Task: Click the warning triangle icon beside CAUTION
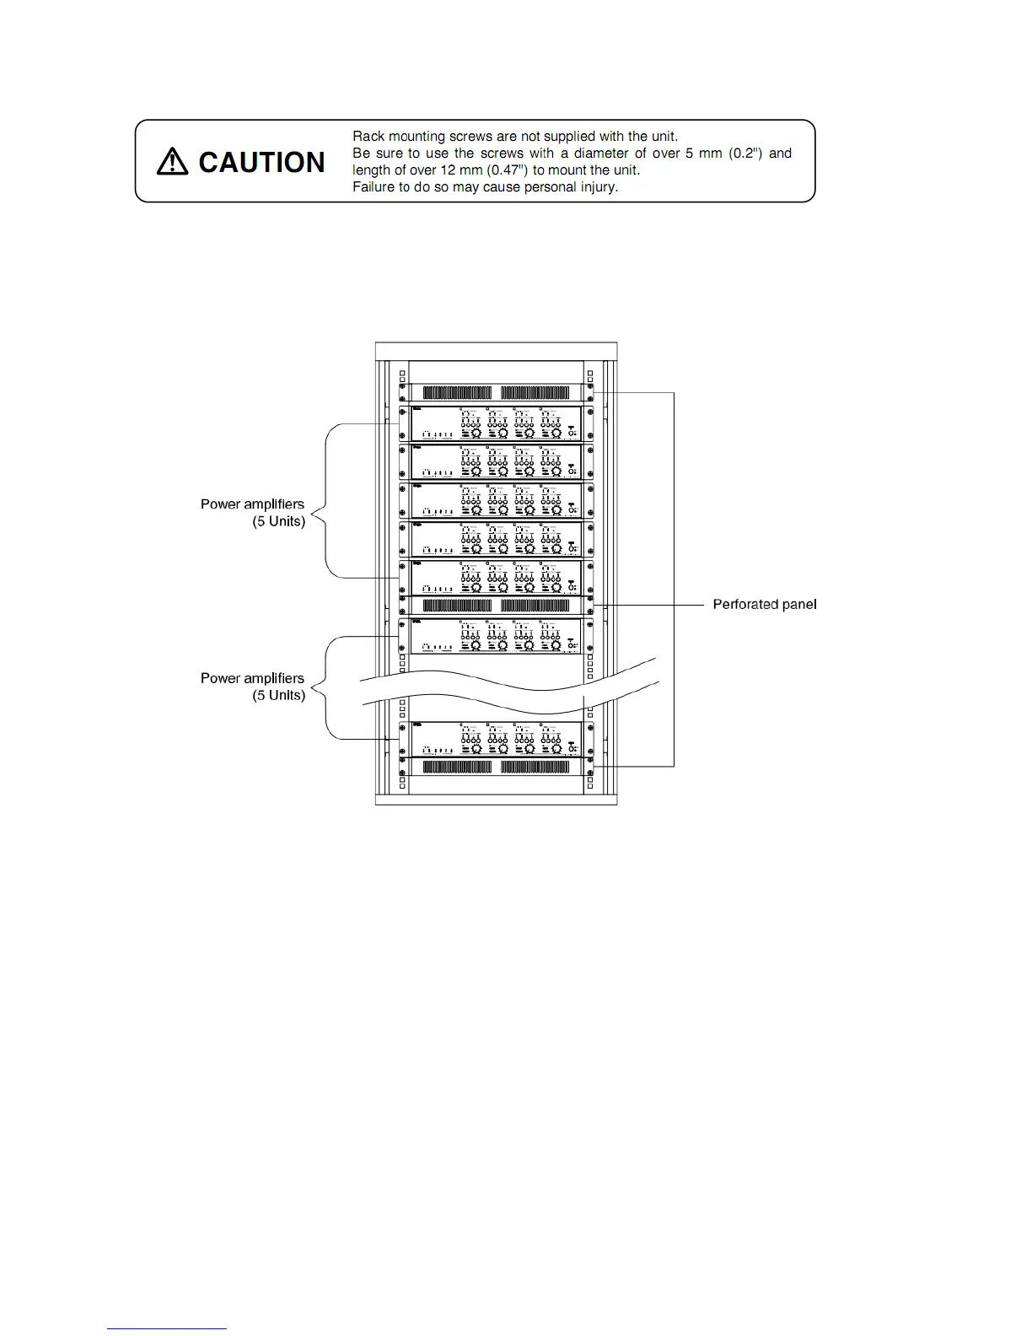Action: coord(172,161)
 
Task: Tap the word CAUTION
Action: coord(261,162)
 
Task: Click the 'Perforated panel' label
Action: coord(764,604)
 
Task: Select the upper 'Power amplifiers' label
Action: coord(252,504)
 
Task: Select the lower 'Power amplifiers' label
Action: coord(252,677)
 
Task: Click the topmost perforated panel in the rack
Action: coord(496,392)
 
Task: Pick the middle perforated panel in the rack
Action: coord(496,605)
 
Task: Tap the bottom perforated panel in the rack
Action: coord(496,767)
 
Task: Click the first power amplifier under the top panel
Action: coord(496,423)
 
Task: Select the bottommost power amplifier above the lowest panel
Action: coord(496,739)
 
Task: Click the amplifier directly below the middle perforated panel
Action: coord(496,636)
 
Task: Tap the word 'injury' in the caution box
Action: coord(598,187)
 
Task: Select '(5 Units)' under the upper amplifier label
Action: coord(278,521)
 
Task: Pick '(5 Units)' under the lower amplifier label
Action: coord(278,695)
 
